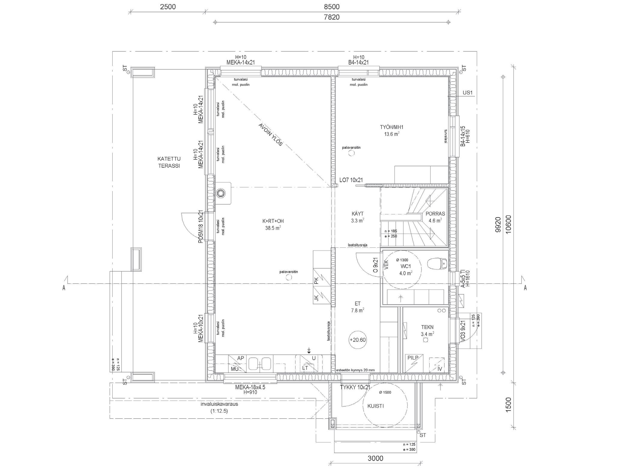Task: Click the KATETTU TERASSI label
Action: click(169, 162)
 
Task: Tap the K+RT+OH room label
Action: click(273, 221)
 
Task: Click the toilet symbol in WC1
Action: click(437, 264)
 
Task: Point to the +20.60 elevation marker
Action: click(358, 340)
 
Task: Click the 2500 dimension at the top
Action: click(168, 7)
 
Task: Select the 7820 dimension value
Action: click(332, 17)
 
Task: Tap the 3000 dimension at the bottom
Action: click(375, 458)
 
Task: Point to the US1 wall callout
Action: click(467, 93)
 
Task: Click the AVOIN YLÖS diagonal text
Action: click(271, 135)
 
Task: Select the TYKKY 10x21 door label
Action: click(355, 387)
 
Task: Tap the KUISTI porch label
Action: click(375, 406)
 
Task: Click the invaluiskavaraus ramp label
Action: click(219, 404)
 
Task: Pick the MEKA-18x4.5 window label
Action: click(250, 387)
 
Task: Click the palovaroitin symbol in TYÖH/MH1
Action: click(351, 153)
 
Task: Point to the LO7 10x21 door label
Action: click(351, 180)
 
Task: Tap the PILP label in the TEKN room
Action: click(413, 358)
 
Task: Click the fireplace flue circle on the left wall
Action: click(222, 193)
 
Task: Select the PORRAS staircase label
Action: click(435, 214)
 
